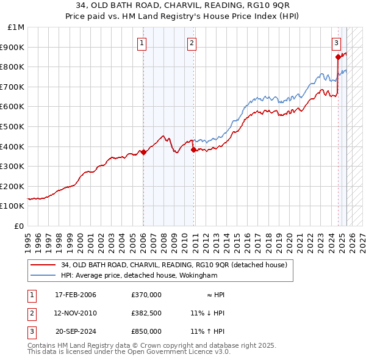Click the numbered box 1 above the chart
coord(142,43)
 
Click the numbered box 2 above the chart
coord(192,43)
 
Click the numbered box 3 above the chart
coord(336,43)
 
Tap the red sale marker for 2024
coord(338,57)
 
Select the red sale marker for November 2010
coord(193,149)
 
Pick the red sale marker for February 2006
coord(143,153)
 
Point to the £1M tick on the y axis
coord(16,27)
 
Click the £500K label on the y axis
coord(13,127)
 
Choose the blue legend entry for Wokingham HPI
coord(138,275)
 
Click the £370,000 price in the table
coord(146,295)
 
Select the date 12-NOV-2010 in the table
coord(76,313)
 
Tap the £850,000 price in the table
coord(146,331)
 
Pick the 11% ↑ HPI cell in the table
coord(207,331)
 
